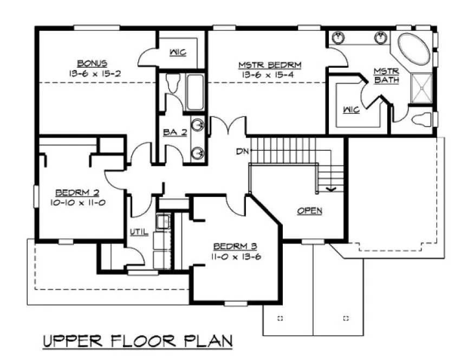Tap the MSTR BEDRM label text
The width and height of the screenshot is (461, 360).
pos(270,65)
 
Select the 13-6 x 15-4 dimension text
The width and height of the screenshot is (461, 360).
pos(270,75)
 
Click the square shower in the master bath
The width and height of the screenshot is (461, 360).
pos(423,86)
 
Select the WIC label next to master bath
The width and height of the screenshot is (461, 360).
pos(350,110)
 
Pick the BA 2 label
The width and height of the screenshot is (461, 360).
pos(174,132)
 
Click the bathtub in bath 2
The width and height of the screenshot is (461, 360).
pos(194,92)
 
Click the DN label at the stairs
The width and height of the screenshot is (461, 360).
pos(242,151)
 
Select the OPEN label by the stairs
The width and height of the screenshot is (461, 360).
pos(309,210)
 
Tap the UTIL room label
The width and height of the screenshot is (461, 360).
pos(138,232)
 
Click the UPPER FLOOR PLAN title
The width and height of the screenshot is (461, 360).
pos(138,342)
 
